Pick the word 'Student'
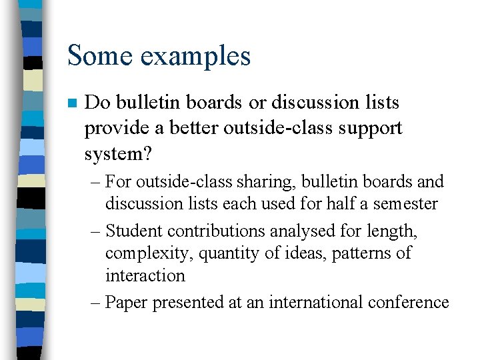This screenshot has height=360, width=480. coord(134,231)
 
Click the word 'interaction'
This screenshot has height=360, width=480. coord(145,275)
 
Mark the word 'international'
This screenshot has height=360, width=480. coord(315,302)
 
